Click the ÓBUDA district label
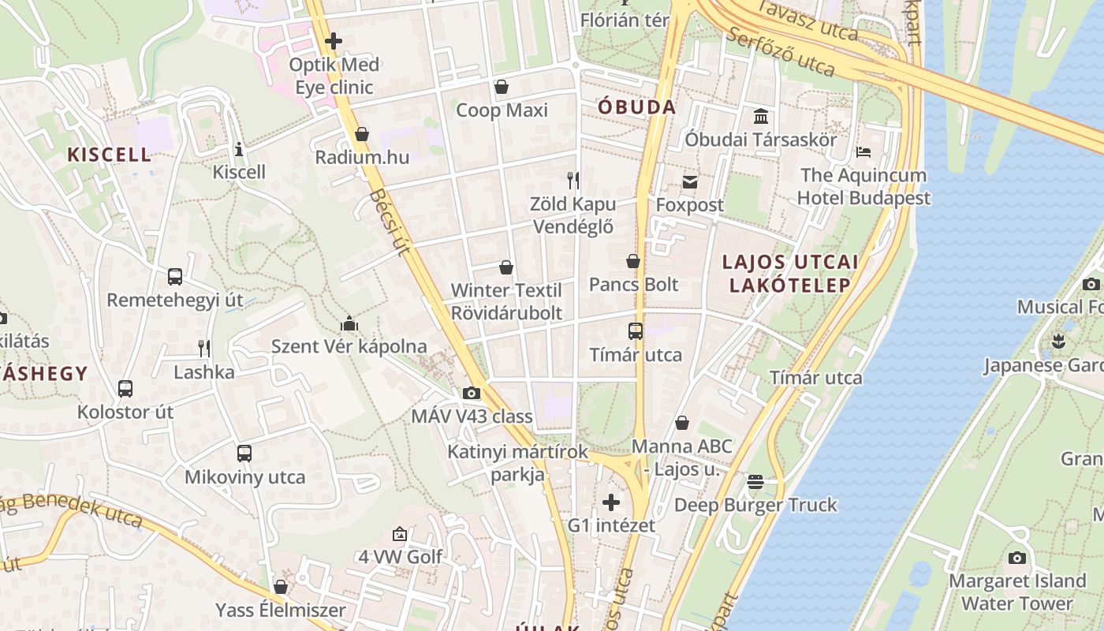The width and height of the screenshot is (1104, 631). click(x=636, y=107)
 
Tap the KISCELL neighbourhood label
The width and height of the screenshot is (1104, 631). click(x=109, y=155)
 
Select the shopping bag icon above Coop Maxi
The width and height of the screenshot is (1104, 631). click(x=501, y=86)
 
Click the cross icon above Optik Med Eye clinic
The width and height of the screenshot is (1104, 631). click(x=334, y=40)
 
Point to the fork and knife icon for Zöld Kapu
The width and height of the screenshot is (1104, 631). click(x=573, y=181)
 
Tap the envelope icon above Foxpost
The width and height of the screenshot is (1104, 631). click(x=690, y=182)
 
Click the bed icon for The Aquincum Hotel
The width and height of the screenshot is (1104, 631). click(x=863, y=151)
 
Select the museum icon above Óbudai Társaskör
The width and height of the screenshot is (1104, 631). click(x=761, y=117)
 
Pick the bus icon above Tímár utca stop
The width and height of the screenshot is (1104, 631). click(x=635, y=331)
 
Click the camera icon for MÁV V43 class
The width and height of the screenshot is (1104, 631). click(x=472, y=393)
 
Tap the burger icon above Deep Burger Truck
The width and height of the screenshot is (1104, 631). click(x=755, y=481)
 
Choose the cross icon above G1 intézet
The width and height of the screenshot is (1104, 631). click(x=611, y=502)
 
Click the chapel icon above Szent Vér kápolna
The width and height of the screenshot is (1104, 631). click(x=349, y=323)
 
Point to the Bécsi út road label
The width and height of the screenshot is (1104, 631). click(x=390, y=222)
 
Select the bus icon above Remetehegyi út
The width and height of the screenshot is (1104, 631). click(x=175, y=277)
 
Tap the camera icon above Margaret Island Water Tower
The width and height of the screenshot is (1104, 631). click(x=1017, y=558)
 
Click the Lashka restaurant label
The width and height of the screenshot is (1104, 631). click(x=204, y=372)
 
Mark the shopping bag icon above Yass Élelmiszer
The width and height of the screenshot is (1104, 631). click(x=280, y=587)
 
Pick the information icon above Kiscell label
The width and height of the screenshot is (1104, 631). click(x=239, y=149)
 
